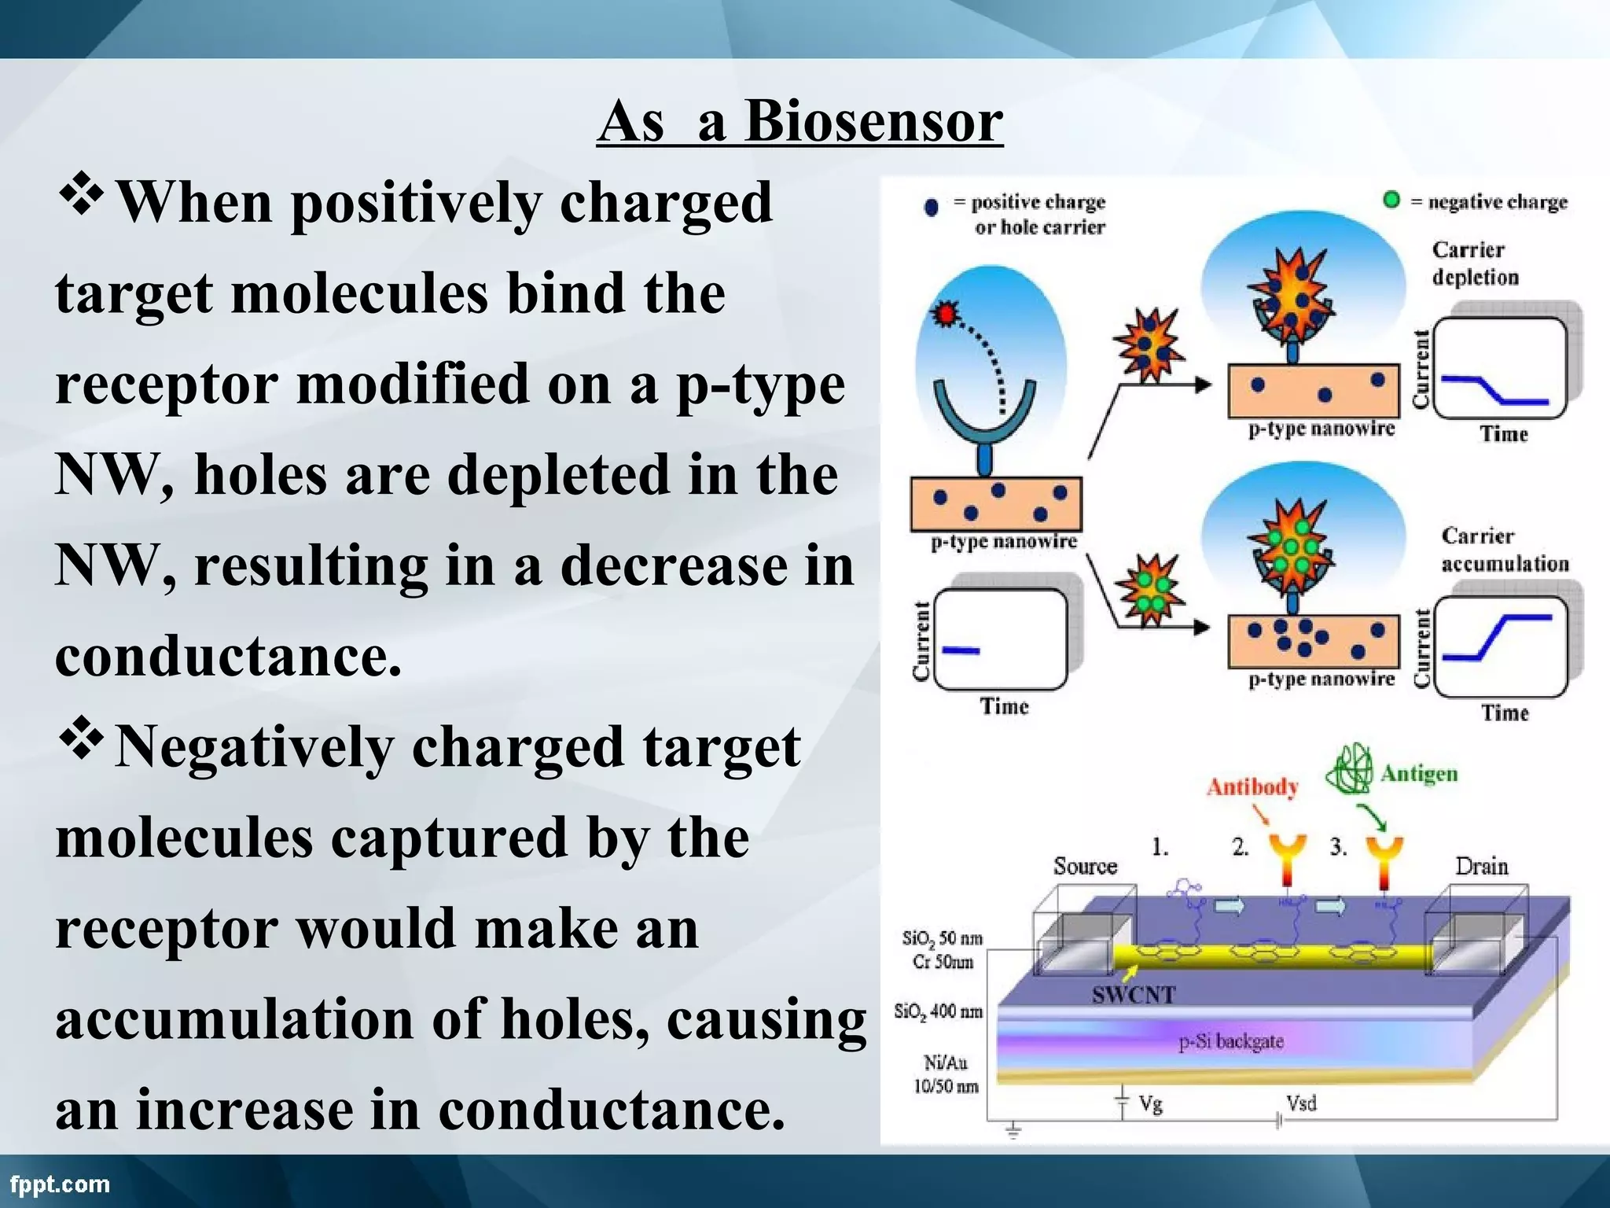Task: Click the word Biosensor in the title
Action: pyautogui.click(x=873, y=122)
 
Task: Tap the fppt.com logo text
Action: pyautogui.click(x=60, y=1184)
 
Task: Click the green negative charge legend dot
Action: pyautogui.click(x=1391, y=200)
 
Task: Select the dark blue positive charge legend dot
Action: pyautogui.click(x=932, y=208)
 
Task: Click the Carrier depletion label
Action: pyautogui.click(x=1474, y=263)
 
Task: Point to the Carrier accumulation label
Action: pyautogui.click(x=1503, y=549)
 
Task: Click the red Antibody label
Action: pyautogui.click(x=1252, y=786)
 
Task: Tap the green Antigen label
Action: pyautogui.click(x=1419, y=773)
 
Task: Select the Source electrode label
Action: pyautogui.click(x=1085, y=866)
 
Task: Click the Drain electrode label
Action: pyautogui.click(x=1481, y=866)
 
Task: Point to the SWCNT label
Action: pyautogui.click(x=1134, y=995)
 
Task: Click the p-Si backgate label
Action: pyautogui.click(x=1230, y=1041)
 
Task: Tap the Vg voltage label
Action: pyautogui.click(x=1150, y=1104)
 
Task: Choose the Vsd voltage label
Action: pyautogui.click(x=1301, y=1103)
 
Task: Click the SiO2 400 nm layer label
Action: pyautogui.click(x=938, y=1011)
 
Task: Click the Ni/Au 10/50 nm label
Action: pyautogui.click(x=945, y=1074)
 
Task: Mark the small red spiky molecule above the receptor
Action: pyautogui.click(x=946, y=314)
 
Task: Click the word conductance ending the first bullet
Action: pyautogui.click(x=228, y=655)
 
